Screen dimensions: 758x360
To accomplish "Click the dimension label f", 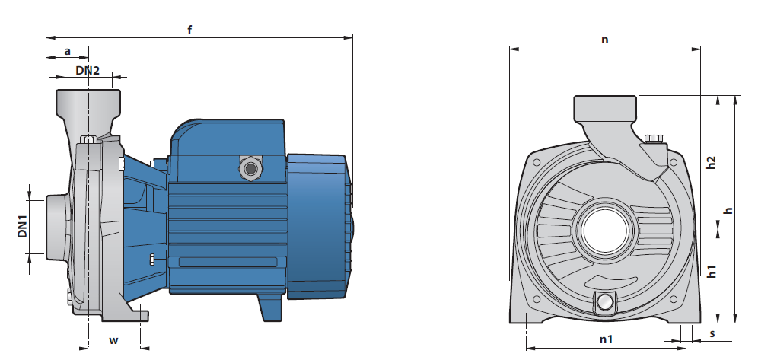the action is [x=189, y=30].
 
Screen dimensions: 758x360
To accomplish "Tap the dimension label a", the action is [x=68, y=51].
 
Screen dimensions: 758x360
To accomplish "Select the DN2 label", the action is [x=88, y=71].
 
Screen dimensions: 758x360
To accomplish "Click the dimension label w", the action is [x=113, y=340].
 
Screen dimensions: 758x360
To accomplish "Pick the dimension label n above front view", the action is [x=605, y=40].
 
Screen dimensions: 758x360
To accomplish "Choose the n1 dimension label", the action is [x=607, y=339].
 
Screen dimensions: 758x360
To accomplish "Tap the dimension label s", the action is [x=712, y=333].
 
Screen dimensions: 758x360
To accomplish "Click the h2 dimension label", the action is [x=711, y=162].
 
